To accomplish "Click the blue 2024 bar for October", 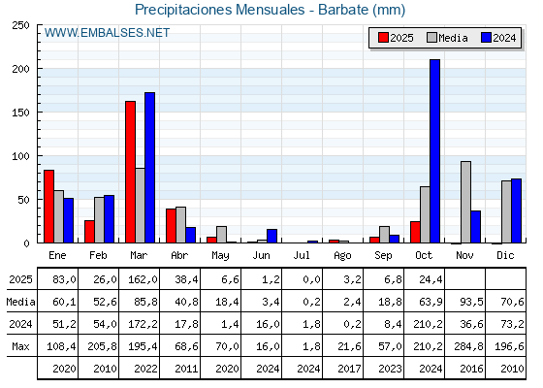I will coord(434,151).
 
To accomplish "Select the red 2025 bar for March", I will coord(130,172).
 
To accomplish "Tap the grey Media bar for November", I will coord(465,202).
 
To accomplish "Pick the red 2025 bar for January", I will coord(48,206).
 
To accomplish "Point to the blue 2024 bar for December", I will coord(516,210).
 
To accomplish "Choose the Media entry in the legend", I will coord(446,38).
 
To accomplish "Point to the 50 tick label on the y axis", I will coord(22,199).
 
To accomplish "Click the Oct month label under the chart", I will coord(425,255).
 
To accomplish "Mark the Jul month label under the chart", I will coord(303,255).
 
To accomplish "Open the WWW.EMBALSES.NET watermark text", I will coord(108,33).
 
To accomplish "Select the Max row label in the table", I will coord(19,346).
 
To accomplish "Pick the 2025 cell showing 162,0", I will coord(140,279).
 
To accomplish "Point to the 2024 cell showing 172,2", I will coord(140,324).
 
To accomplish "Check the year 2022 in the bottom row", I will coord(140,368).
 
